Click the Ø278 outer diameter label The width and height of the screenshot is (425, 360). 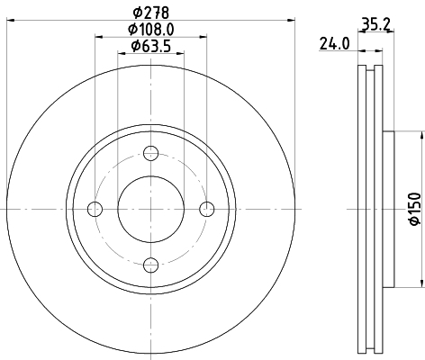point(151,13)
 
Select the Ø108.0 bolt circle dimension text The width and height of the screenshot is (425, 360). point(151,30)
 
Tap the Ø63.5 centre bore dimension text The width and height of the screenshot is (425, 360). point(151,46)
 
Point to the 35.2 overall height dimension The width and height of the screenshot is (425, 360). point(375,24)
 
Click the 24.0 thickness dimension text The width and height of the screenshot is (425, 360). point(334,44)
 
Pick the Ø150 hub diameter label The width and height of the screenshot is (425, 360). point(415,209)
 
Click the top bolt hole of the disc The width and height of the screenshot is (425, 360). point(150,153)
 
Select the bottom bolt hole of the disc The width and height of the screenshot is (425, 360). point(150,265)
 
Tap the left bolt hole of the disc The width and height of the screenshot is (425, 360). point(95,209)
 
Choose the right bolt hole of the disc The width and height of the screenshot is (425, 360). point(207,209)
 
